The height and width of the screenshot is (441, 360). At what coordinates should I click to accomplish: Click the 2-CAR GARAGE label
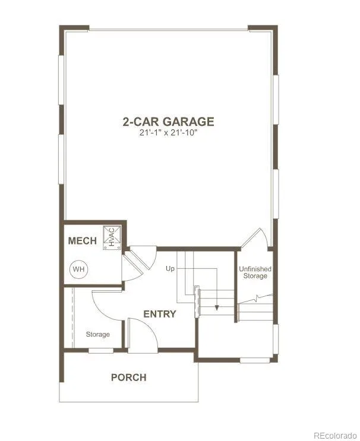(x=168, y=122)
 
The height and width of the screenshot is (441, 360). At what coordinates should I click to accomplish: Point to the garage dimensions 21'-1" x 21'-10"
(x=168, y=133)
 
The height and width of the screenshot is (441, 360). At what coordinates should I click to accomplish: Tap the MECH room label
(x=83, y=241)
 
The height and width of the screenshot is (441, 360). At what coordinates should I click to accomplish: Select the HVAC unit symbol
(x=112, y=237)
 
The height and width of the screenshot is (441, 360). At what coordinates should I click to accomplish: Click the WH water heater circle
(x=78, y=269)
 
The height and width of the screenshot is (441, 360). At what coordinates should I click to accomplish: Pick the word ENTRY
(x=160, y=314)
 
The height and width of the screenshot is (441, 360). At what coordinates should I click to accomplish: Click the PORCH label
(x=129, y=377)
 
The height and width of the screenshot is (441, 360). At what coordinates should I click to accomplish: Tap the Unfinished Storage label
(x=255, y=272)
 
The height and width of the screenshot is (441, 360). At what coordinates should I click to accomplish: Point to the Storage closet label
(x=97, y=334)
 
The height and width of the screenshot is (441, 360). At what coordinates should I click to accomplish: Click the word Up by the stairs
(x=170, y=269)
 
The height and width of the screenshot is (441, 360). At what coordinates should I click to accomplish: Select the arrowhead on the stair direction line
(x=217, y=307)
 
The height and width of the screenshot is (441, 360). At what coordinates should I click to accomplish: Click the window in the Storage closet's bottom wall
(x=101, y=350)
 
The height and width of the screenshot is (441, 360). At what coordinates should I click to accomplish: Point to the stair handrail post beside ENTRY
(x=197, y=302)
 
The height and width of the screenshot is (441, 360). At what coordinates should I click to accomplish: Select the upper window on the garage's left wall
(x=61, y=80)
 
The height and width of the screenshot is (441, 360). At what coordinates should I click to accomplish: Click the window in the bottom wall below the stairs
(x=255, y=360)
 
